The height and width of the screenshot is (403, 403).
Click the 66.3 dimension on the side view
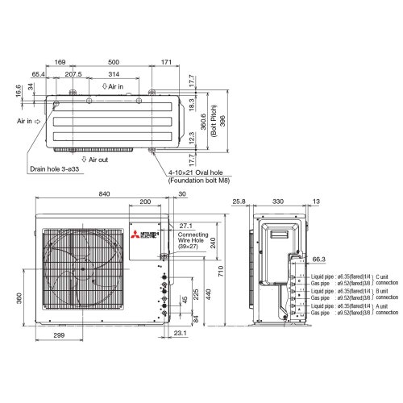click(x=318, y=260)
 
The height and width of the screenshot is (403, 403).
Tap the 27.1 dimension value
click(x=188, y=226)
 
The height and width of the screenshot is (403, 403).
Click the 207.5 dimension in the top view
click(x=73, y=74)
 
